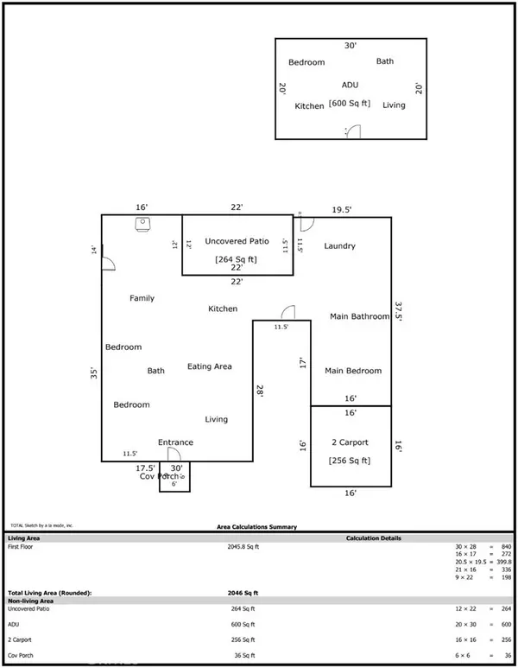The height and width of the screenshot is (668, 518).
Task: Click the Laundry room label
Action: point(339,246)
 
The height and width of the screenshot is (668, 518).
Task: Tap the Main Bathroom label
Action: point(359,317)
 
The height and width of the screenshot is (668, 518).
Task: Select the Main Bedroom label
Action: point(352,371)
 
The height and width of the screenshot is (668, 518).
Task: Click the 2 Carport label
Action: point(350,442)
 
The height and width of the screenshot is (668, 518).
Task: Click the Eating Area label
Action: point(210,367)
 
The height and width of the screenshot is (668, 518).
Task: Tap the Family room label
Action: point(142,299)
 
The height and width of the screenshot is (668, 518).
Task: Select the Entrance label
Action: point(175,442)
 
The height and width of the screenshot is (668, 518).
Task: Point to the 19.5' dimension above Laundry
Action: point(343,209)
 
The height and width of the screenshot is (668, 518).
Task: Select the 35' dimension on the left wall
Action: point(94,374)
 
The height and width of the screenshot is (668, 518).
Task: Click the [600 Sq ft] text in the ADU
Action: point(350,105)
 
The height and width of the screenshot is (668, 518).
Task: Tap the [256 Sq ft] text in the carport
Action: point(350,461)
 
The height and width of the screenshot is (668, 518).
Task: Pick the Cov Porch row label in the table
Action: point(22,654)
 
